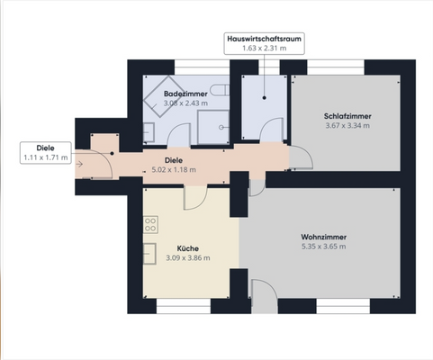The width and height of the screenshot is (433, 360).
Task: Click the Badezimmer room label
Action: [x=185, y=94]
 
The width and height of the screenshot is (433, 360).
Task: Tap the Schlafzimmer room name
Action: [x=347, y=116]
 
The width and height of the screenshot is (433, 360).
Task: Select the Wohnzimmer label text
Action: [x=323, y=237]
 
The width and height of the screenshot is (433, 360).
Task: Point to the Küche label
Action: [x=187, y=248]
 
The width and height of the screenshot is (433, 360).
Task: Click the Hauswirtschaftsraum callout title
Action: [x=264, y=39]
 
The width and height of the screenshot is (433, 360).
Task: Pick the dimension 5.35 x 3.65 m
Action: [x=323, y=247]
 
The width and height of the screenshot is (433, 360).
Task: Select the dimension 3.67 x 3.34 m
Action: [x=347, y=126]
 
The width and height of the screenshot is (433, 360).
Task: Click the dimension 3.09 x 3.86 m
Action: [x=188, y=258]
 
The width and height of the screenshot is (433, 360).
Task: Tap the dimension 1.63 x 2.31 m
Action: [x=264, y=48]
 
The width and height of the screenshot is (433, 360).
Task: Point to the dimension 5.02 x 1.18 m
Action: [x=174, y=170]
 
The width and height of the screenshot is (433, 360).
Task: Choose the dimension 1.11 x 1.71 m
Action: [x=46, y=157]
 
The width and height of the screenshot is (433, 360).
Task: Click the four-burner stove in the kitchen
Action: [x=150, y=225]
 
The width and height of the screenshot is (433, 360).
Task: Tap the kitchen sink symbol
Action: [x=149, y=254]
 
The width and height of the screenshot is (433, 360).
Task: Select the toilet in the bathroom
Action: [x=220, y=90]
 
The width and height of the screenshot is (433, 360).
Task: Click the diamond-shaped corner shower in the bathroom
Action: [x=161, y=96]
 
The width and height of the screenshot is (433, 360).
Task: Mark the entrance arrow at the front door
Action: [x=79, y=164]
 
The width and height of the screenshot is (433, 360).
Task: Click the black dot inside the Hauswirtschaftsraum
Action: [x=264, y=98]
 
